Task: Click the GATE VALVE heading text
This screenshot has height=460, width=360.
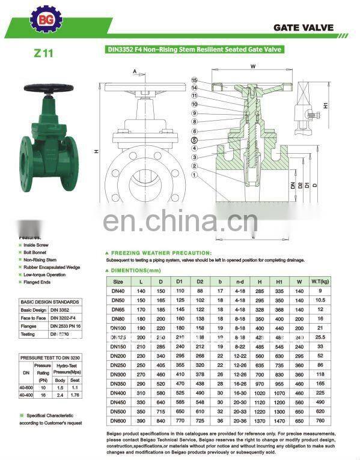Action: point(303,28)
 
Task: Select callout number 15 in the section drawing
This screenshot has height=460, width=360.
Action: point(194,80)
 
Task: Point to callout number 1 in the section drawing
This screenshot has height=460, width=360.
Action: point(194,174)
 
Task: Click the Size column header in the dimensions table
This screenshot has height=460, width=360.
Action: point(118,281)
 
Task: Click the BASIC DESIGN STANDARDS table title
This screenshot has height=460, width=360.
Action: point(49,301)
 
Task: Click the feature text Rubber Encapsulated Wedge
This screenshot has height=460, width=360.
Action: point(47,267)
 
